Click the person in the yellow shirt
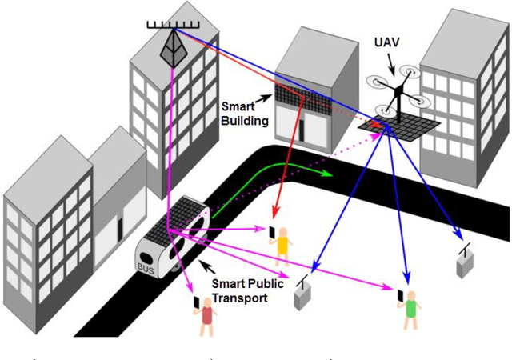coord(282,245)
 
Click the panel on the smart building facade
coord(298,99)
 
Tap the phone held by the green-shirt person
coord(399,296)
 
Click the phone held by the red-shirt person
coord(196,304)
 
